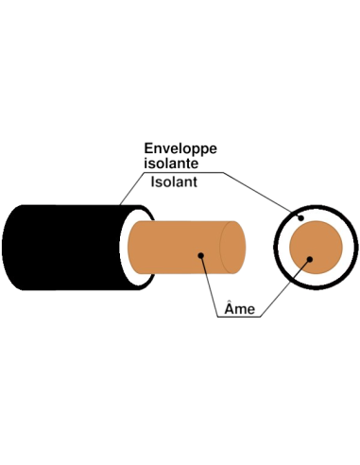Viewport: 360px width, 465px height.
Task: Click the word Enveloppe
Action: click(180, 148)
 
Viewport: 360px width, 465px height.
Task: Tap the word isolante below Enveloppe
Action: click(171, 164)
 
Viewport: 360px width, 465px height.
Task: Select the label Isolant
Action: click(174, 181)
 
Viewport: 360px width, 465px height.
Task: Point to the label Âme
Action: click(239, 309)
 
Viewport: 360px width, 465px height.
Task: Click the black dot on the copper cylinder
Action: click(201, 255)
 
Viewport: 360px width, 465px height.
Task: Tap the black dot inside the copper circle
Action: click(310, 259)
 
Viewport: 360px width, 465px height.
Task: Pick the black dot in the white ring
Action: click(300, 217)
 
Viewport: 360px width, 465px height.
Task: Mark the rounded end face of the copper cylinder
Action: click(232, 248)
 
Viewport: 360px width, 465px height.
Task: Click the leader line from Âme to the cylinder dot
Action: click(210, 286)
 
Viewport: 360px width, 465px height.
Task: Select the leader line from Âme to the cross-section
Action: click(285, 288)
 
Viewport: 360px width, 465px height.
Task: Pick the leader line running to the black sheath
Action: click(132, 188)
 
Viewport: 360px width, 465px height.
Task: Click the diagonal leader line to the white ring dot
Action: click(262, 195)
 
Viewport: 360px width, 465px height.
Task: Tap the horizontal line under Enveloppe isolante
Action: click(184, 172)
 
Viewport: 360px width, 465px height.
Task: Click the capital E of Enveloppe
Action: click(148, 148)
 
